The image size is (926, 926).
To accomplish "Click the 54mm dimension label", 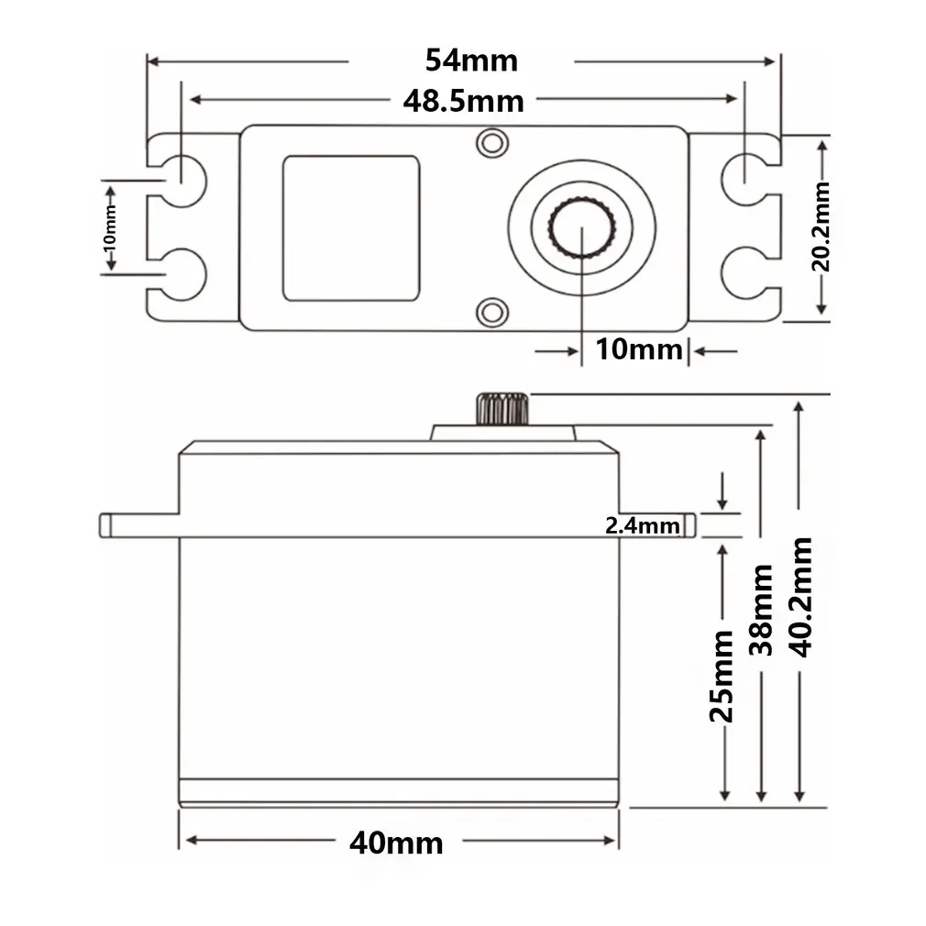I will pyautogui.click(x=471, y=61).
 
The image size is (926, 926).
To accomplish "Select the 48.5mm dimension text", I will pyautogui.click(x=463, y=100).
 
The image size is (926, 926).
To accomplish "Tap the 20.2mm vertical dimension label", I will pyautogui.click(x=821, y=226).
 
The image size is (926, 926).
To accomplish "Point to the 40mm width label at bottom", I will pyautogui.click(x=395, y=842).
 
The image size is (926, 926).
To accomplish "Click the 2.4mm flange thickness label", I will pyautogui.click(x=643, y=525).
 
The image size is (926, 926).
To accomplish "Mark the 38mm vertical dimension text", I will pyautogui.click(x=762, y=610).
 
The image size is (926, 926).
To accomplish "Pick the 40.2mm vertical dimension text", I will pyautogui.click(x=800, y=597).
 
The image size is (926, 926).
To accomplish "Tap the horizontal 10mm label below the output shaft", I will pyautogui.click(x=639, y=349).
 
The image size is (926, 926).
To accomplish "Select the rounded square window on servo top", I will pyautogui.click(x=350, y=227).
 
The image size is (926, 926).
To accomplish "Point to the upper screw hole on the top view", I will pyautogui.click(x=493, y=142).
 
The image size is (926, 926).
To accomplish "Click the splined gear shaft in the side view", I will pyautogui.click(x=501, y=408).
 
